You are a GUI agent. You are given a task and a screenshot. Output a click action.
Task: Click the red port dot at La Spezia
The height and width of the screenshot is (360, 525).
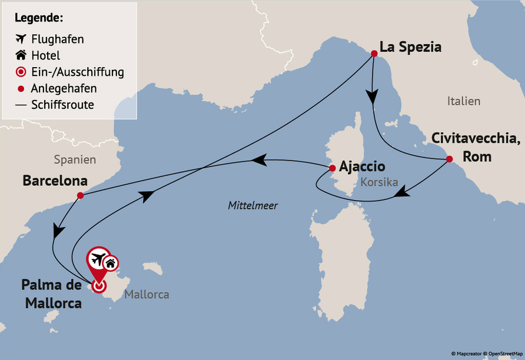click(x=374, y=54)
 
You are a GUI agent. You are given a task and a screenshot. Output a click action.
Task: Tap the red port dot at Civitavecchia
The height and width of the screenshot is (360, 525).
click(x=449, y=159)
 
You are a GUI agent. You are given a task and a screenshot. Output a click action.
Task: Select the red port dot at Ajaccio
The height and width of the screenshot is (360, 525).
click(x=332, y=166)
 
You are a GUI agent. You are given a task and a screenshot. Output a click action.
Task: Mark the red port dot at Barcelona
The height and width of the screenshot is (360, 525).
click(x=80, y=195)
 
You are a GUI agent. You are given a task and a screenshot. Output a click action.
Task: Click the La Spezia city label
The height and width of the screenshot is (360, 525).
click(x=410, y=47)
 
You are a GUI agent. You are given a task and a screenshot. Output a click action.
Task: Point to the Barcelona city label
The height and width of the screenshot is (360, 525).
click(x=55, y=181)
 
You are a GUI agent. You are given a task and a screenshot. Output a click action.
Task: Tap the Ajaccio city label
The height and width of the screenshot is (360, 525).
click(x=362, y=166)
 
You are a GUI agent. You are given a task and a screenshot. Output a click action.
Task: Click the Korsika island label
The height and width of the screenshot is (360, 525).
click(x=380, y=182)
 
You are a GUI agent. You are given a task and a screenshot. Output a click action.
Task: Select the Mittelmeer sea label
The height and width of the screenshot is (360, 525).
click(x=252, y=206)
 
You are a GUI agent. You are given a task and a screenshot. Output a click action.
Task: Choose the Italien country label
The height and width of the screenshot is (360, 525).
click(x=463, y=101)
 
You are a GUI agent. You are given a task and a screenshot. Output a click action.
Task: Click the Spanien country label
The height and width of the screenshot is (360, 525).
click(x=75, y=159)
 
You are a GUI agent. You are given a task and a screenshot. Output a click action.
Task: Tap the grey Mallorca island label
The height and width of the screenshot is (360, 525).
click(x=147, y=294)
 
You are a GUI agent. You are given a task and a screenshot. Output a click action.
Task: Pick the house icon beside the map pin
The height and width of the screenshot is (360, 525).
click(x=111, y=264)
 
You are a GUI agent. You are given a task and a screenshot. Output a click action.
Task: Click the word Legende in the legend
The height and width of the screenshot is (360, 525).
click(x=39, y=18)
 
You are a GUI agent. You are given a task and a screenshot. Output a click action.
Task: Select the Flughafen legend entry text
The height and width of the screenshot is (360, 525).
click(x=58, y=39)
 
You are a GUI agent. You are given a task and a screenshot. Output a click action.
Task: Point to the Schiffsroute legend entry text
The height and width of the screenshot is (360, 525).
click(x=62, y=105)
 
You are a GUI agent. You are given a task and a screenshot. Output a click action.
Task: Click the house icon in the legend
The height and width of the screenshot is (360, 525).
click(x=21, y=56)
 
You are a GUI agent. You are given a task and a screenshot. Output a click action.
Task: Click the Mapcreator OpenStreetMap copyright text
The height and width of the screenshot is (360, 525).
click(x=487, y=354)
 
